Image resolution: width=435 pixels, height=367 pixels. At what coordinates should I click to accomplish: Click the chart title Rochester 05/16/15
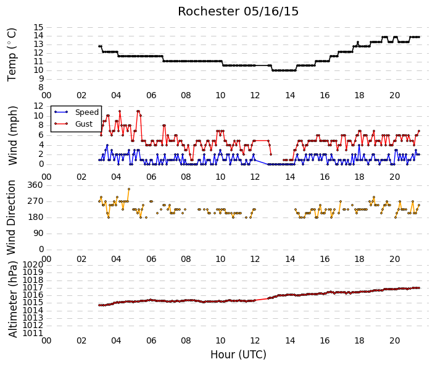[238, 12]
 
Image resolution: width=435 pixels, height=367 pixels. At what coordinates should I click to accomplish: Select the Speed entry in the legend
[87, 112]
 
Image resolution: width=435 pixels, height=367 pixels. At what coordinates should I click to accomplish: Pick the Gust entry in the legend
[84, 124]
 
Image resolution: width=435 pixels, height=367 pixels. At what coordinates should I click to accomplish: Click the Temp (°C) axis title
[12, 54]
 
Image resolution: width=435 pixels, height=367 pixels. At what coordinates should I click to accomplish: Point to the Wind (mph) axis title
[12, 135]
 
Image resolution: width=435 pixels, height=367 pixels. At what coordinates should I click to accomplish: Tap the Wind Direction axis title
[11, 217]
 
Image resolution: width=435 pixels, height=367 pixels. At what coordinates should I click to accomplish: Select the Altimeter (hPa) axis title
[13, 299]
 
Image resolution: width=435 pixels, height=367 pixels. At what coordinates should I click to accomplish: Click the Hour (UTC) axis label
[238, 355]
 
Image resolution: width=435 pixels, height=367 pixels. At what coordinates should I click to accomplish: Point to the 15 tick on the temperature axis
[38, 27]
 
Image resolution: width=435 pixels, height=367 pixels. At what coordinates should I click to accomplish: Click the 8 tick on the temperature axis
[41, 88]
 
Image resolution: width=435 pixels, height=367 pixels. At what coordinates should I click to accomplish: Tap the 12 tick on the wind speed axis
[38, 106]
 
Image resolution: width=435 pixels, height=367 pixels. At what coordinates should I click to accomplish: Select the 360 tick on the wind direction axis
[36, 185]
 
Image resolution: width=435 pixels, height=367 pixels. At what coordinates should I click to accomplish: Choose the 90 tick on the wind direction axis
[38, 234]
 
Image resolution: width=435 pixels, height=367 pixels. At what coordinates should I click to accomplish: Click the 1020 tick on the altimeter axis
[33, 264]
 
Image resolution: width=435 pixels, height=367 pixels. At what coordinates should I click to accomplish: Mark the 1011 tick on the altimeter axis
[33, 333]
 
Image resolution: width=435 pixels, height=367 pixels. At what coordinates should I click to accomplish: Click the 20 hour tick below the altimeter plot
[394, 340]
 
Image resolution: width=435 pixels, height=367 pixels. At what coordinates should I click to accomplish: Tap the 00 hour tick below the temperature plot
[46, 96]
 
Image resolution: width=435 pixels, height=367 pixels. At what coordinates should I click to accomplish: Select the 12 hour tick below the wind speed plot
[255, 177]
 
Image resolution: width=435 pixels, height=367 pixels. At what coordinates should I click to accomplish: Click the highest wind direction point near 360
[129, 189]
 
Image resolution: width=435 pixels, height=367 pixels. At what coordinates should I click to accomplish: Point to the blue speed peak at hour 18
[359, 145]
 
